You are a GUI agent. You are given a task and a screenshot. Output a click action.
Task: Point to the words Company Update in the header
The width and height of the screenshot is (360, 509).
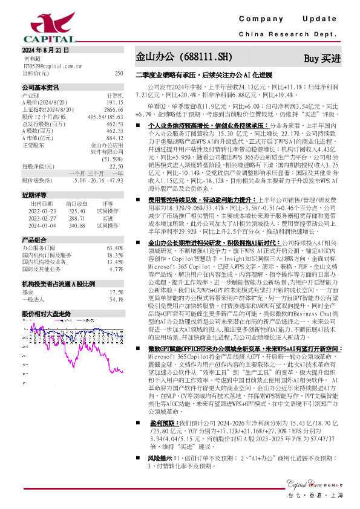(292, 20)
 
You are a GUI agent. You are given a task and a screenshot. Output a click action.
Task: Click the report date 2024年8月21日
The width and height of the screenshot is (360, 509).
(45, 50)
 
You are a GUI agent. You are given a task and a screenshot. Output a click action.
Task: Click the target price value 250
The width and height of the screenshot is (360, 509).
(119, 73)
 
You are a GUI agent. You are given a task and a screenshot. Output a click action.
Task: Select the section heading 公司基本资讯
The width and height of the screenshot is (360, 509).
(40, 88)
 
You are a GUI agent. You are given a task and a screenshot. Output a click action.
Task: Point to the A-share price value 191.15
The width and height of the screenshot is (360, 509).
(114, 103)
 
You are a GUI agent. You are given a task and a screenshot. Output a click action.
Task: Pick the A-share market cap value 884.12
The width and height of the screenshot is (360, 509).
(114, 138)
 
